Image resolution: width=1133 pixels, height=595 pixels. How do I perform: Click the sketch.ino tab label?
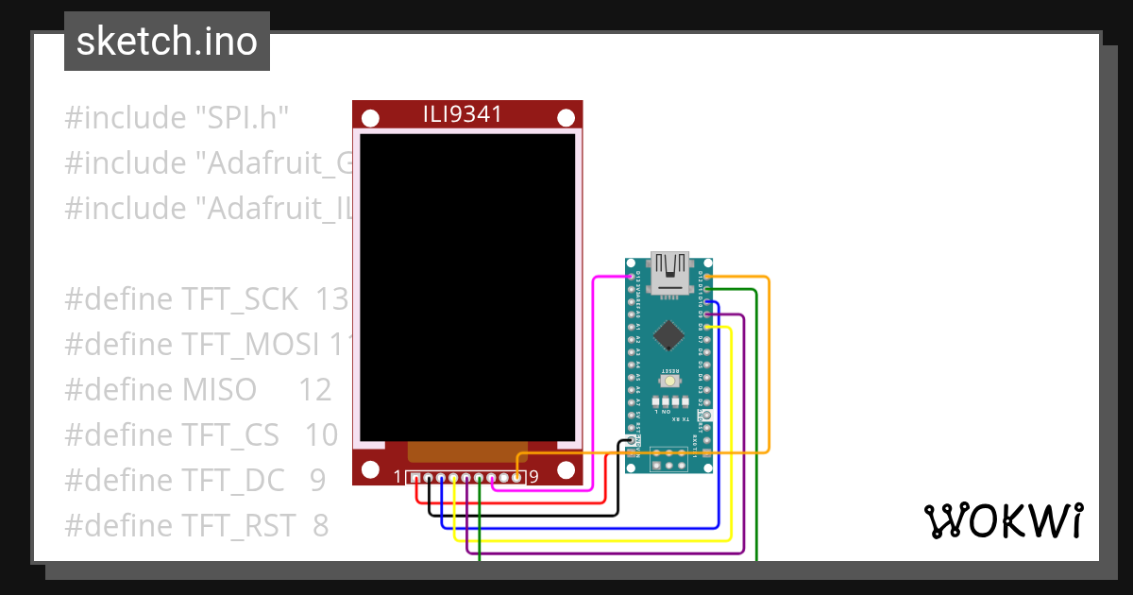coord(166,42)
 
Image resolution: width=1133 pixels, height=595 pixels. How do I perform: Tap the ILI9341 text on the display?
coord(462,115)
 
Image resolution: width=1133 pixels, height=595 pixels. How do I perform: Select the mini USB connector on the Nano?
coord(669,270)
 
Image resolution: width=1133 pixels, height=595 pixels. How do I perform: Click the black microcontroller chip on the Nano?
coord(668,333)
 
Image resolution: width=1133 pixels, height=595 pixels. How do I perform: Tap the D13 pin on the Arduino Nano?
coord(631,277)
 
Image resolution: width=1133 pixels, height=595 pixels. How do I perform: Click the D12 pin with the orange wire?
coord(707,277)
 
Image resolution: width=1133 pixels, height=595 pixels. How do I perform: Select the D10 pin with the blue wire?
coord(707,302)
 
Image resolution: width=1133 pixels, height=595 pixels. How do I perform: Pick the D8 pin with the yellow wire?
coord(707,327)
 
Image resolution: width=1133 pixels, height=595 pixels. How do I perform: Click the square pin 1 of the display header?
coord(415,478)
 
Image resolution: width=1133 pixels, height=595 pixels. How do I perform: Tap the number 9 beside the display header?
coord(533,477)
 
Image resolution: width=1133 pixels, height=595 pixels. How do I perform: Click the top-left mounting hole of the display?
coord(372,118)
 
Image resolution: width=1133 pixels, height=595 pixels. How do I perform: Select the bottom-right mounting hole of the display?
coord(566,469)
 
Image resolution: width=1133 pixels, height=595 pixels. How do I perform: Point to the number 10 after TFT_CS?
coord(321,435)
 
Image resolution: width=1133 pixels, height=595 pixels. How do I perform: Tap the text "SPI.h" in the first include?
coord(241,118)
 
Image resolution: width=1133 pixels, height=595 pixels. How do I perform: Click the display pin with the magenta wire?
coord(492,478)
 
